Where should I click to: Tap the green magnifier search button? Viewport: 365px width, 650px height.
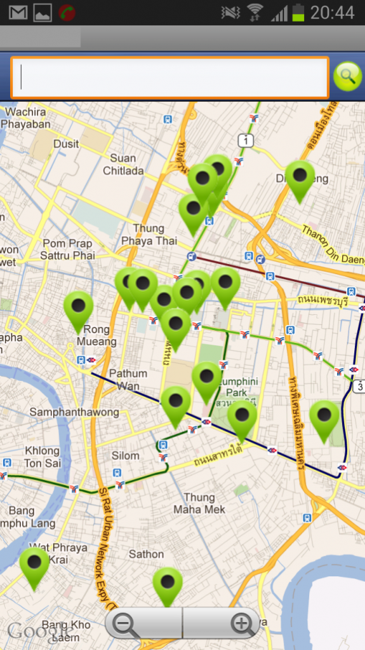pyautogui.click(x=347, y=77)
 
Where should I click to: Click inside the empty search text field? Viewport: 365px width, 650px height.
pyautogui.click(x=169, y=78)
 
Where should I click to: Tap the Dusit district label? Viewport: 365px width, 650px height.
pyautogui.click(x=66, y=144)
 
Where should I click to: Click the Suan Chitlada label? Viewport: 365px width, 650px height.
pyautogui.click(x=123, y=164)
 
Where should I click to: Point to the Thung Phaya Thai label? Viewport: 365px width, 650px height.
pyautogui.click(x=149, y=234)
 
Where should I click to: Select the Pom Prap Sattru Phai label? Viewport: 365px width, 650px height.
pyautogui.click(x=67, y=249)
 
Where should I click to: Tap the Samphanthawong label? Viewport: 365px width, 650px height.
pyautogui.click(x=74, y=412)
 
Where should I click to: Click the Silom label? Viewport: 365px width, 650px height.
pyautogui.click(x=125, y=455)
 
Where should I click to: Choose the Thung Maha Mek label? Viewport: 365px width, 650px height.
pyautogui.click(x=199, y=503)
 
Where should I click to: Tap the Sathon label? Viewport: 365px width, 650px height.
pyautogui.click(x=146, y=554)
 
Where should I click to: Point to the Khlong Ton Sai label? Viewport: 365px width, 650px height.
pyautogui.click(x=43, y=457)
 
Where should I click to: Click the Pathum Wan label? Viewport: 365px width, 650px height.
pyautogui.click(x=128, y=379)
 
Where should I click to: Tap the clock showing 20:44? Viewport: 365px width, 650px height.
pyautogui.click(x=333, y=12)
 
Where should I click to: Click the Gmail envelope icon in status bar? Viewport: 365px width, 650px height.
pyautogui.click(x=18, y=12)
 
